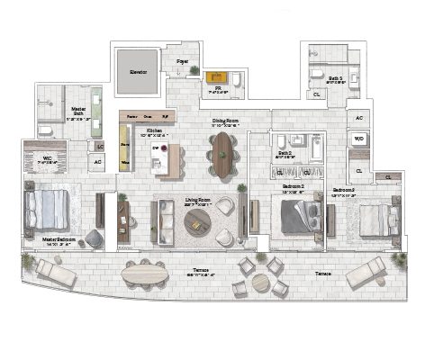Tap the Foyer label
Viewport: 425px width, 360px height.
(x=183, y=62)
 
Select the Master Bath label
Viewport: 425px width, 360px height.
(x=78, y=114)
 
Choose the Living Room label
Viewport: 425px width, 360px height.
(x=195, y=202)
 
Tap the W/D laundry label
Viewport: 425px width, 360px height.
(x=358, y=139)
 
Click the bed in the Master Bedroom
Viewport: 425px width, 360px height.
(x=49, y=209)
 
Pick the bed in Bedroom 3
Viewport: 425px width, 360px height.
(x=378, y=220)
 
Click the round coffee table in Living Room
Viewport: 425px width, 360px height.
(x=197, y=226)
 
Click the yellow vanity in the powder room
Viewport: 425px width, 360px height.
(x=218, y=77)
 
